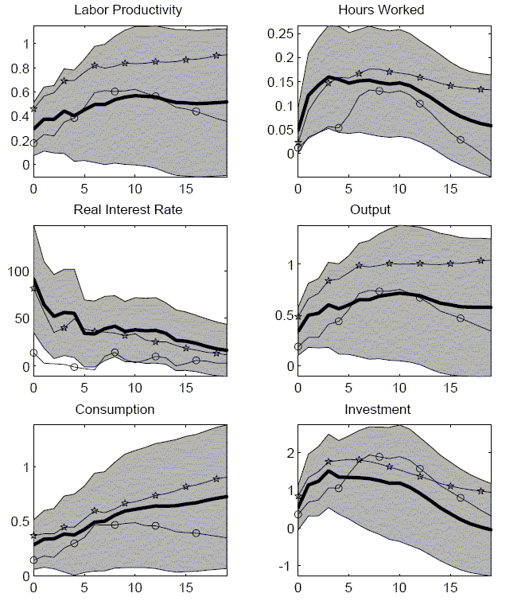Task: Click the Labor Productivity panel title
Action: (x=127, y=10)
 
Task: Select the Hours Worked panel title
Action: (x=392, y=10)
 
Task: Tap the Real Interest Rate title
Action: (x=127, y=210)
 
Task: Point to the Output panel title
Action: (x=392, y=210)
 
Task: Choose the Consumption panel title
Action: (x=127, y=410)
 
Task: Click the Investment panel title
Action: (x=392, y=410)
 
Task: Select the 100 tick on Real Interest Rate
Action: (x=18, y=271)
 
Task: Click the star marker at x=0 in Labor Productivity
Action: (x=33, y=108)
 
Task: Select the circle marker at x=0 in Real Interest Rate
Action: (x=33, y=353)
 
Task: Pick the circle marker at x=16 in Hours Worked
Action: (x=460, y=139)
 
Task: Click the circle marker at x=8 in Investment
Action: (x=379, y=457)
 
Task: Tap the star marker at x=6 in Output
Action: (x=359, y=265)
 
